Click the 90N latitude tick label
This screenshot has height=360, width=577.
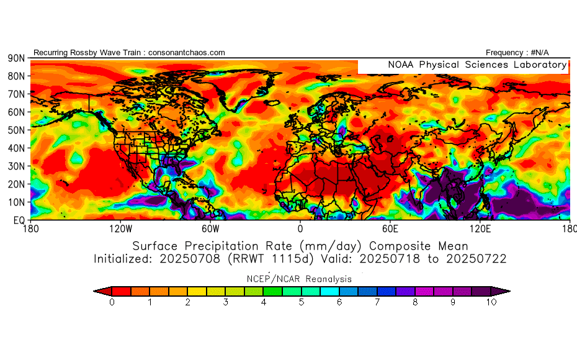click(x=16, y=58)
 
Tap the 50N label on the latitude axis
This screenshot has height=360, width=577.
click(x=16, y=130)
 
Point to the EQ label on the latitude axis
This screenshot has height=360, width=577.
click(x=18, y=220)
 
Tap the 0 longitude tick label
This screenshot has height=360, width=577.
click(x=300, y=228)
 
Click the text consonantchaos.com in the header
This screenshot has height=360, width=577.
click(x=187, y=53)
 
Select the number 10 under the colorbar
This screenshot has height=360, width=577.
click(x=491, y=302)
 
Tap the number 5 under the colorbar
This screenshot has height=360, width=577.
click(x=302, y=302)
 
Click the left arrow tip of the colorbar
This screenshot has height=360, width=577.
click(x=95, y=290)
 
